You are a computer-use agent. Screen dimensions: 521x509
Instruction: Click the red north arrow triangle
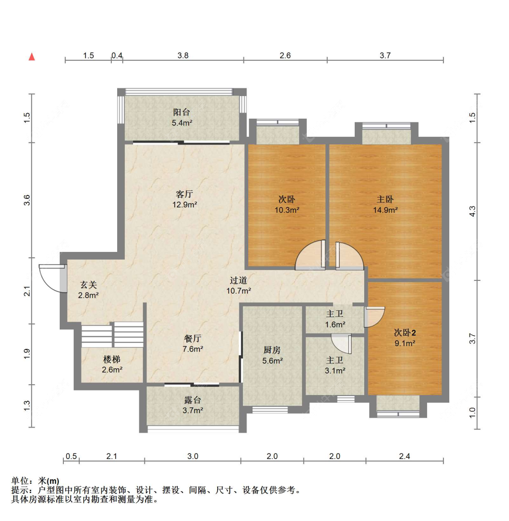tap(32, 57)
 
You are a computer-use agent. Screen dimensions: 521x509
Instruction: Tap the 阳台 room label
tap(181, 112)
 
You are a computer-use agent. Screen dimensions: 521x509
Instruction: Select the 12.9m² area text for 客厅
tap(184, 205)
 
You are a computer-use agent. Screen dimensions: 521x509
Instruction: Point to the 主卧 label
tap(385, 199)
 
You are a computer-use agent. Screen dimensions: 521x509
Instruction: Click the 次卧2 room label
tap(404, 333)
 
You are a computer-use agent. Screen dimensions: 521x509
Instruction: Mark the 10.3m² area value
tap(287, 210)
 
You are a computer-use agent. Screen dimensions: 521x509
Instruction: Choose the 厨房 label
tap(272, 350)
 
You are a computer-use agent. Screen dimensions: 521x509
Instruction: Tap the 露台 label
tap(192, 400)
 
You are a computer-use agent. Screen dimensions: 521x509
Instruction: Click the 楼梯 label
tap(112, 359)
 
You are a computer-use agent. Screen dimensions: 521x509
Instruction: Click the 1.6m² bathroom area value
tap(335, 324)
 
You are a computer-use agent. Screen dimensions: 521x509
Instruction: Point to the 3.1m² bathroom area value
tap(335, 371)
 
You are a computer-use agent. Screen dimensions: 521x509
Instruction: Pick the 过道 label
tap(238, 280)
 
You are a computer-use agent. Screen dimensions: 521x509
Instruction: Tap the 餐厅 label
tap(192, 338)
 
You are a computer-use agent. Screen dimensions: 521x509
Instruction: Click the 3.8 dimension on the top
tap(183, 55)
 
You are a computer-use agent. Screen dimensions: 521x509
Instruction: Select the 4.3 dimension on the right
tap(472, 211)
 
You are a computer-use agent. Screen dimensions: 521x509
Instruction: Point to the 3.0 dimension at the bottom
tap(193, 456)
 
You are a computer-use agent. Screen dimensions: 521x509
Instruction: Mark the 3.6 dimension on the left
tap(27, 200)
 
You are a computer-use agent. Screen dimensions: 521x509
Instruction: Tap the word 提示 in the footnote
tap(20, 490)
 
